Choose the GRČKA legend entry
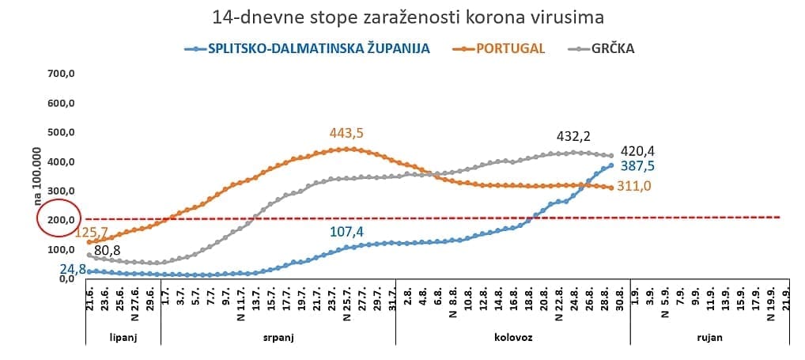[x=613, y=48]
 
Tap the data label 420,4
[x=637, y=151]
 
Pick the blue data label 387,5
[x=637, y=165]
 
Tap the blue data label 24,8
[x=72, y=268]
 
